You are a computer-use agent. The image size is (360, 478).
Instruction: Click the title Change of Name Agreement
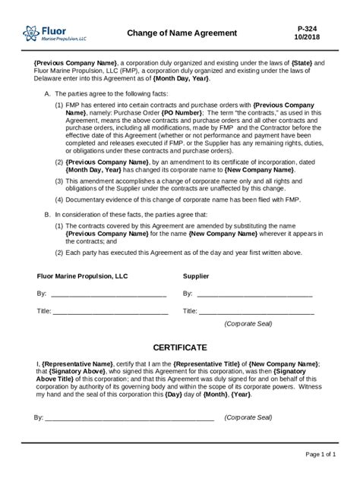click(x=182, y=33)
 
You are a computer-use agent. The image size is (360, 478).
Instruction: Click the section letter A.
click(x=47, y=93)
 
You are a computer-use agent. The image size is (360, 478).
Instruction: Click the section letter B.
click(x=47, y=215)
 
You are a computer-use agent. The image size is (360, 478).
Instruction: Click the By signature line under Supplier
click(x=254, y=293)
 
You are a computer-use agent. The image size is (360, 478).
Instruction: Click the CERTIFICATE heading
click(x=180, y=347)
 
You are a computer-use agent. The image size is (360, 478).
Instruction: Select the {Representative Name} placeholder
click(x=77, y=364)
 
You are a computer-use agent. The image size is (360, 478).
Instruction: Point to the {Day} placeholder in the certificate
click(x=173, y=395)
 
